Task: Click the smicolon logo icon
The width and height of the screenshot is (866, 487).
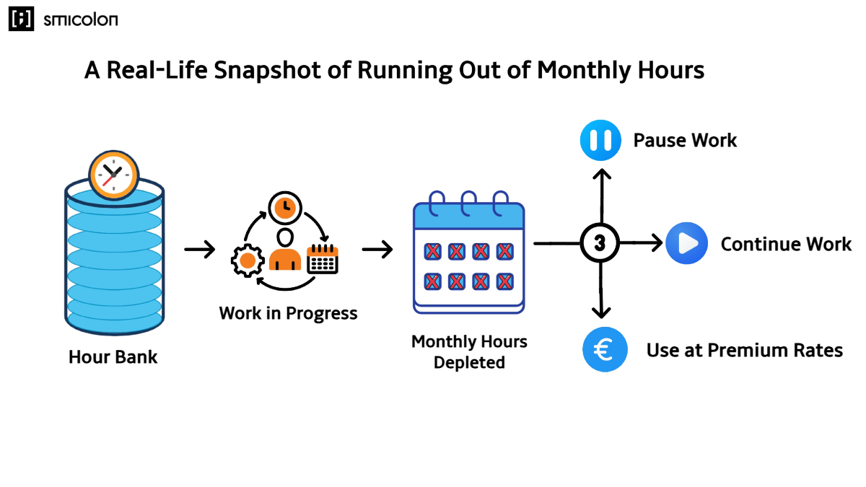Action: coord(21,19)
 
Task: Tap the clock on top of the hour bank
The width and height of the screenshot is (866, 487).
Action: coord(113,175)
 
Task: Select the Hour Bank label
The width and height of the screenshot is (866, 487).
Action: coord(113,356)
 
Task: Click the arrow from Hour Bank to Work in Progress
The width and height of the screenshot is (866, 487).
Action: coord(200,250)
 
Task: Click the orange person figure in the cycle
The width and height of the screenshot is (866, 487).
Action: coord(285,250)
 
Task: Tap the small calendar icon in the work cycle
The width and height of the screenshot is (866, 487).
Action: coord(323,259)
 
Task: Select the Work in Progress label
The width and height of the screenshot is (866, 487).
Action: coord(288,313)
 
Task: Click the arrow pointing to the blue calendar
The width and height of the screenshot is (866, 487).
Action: coord(377,250)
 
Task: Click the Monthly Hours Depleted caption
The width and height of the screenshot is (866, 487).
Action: coord(469,351)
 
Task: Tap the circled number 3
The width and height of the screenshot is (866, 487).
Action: coord(600,244)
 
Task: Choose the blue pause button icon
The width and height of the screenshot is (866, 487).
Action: coord(600,140)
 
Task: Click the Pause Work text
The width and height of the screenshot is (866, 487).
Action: coord(685,140)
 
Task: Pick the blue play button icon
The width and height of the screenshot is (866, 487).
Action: coord(686,244)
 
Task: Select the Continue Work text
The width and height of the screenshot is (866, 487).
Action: coord(786,244)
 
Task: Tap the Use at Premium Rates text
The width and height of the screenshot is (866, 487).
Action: coord(744,351)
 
